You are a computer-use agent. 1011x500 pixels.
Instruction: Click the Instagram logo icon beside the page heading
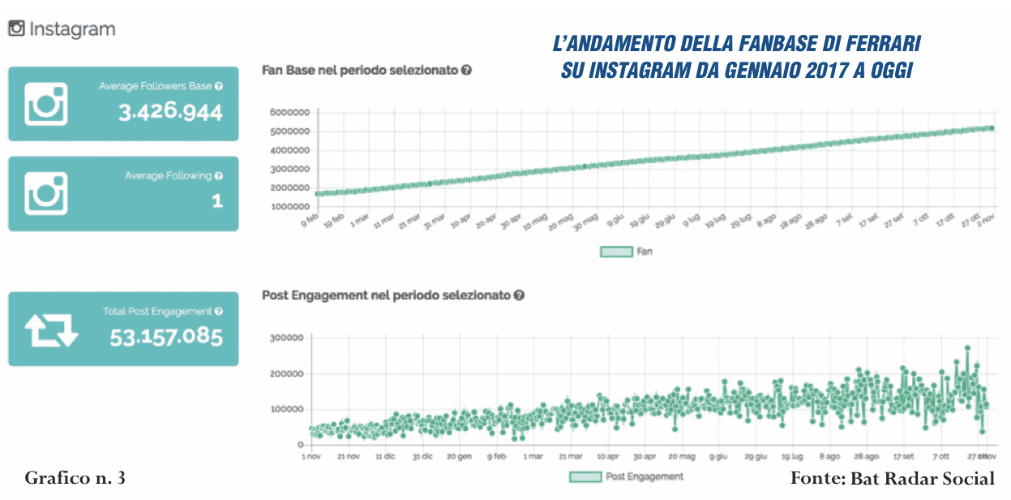16,29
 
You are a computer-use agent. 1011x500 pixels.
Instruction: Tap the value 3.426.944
170,112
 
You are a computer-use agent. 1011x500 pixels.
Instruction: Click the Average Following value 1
217,200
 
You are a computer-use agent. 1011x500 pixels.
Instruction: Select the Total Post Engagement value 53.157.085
166,336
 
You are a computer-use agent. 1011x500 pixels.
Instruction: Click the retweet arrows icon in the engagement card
51,330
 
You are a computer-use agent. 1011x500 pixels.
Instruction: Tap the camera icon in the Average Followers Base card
46,104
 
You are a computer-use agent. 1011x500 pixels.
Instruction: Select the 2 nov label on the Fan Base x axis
983,221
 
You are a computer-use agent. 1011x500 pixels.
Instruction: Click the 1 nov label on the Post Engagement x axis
310,457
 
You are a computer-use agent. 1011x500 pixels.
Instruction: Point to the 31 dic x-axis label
422,457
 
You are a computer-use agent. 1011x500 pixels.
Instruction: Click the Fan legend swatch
615,252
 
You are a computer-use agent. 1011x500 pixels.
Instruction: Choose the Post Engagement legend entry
626,476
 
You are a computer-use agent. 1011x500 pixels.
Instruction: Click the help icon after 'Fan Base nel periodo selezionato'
466,71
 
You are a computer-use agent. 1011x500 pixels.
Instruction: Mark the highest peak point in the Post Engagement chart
967,347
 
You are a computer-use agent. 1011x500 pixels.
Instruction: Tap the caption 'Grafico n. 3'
75,478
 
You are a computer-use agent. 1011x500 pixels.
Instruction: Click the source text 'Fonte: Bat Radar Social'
892,478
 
